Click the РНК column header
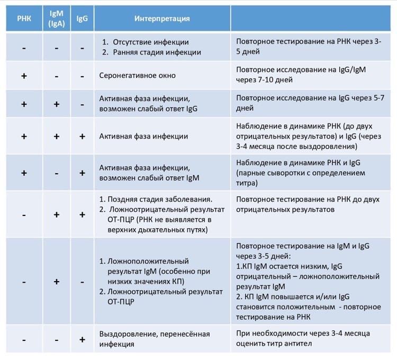pyautogui.click(x=24, y=19)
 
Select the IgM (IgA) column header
pyautogui.click(x=57, y=19)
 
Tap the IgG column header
pyautogui.click(x=82, y=19)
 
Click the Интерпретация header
pyautogui.click(x=162, y=19)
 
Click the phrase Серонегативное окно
pyautogui.click(x=137, y=76)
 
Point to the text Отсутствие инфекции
pyautogui.click(x=151, y=42)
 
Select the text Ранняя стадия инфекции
pyautogui.click(x=157, y=52)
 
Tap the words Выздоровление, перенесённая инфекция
pyautogui.click(x=155, y=339)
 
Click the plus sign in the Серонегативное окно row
pyautogui.click(x=24, y=76)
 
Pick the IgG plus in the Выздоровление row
pyautogui.click(x=82, y=339)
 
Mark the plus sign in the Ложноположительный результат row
pyautogui.click(x=57, y=282)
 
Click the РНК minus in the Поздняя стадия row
pyautogui.click(x=24, y=215)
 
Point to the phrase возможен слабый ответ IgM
pyautogui.click(x=149, y=178)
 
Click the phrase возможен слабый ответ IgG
pyautogui.click(x=148, y=109)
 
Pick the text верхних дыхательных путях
pyautogui.click(x=158, y=230)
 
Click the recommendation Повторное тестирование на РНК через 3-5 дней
pyautogui.click(x=309, y=47)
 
